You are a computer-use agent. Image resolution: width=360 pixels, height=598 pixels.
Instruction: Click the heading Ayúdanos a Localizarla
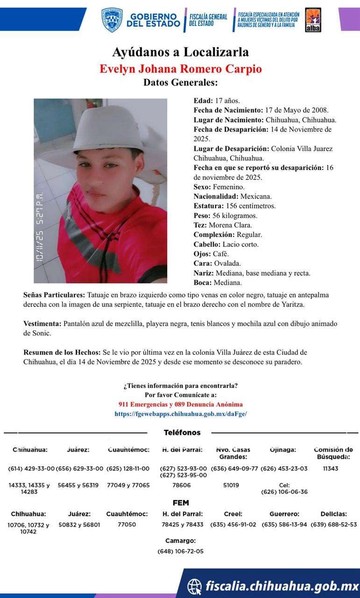180,52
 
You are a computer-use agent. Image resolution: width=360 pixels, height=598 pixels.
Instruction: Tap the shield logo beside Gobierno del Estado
112,20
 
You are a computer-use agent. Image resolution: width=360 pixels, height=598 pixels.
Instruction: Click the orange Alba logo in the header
312,20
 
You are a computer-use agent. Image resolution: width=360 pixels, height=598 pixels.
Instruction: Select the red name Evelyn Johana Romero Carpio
180,69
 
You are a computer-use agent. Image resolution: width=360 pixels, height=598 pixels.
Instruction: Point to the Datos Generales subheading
180,83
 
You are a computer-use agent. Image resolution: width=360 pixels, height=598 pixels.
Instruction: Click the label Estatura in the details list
208,206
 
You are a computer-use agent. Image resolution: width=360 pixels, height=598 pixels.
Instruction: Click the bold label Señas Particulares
54,295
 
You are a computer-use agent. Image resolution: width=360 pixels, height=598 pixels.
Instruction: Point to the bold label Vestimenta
42,323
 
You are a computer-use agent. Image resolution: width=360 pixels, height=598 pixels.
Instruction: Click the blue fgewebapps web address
181,414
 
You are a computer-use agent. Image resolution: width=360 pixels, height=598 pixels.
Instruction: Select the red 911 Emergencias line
181,405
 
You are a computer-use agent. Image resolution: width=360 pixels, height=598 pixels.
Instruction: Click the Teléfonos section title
182,433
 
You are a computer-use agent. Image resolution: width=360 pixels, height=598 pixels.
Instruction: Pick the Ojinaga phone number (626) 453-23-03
284,469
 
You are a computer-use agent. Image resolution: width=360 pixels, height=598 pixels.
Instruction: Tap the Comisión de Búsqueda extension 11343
331,469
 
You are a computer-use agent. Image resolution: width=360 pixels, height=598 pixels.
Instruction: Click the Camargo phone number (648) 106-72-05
180,551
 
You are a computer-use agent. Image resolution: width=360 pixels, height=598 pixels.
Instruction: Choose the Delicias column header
333,514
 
